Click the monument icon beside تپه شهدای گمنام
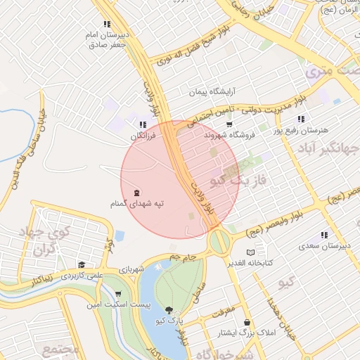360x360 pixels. [x=136, y=193]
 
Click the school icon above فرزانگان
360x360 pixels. [x=143, y=124]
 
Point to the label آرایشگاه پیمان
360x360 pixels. [x=214, y=91]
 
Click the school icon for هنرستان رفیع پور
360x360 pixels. [x=301, y=119]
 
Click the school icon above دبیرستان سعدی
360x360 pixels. [x=324, y=235]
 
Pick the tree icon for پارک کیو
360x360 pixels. [x=169, y=309]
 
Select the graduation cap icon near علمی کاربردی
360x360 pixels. [x=82, y=265]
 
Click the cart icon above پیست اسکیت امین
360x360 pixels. [x=117, y=294]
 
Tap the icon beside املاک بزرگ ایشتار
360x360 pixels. [x=247, y=323]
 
